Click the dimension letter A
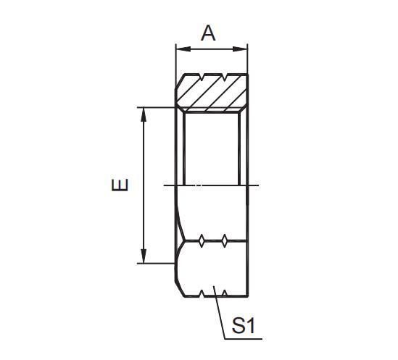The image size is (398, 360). pos(209,33)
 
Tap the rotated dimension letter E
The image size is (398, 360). pos(120,184)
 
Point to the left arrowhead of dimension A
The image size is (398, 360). pos(181,49)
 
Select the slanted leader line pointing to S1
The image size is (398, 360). pos(218,311)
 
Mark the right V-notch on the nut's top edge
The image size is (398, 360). pos(226,76)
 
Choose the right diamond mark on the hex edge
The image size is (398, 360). pos(226,240)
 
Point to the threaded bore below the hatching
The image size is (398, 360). pos(212,148)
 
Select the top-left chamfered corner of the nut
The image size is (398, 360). pos(178,81)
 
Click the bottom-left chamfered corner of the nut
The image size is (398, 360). pos(178,287)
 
